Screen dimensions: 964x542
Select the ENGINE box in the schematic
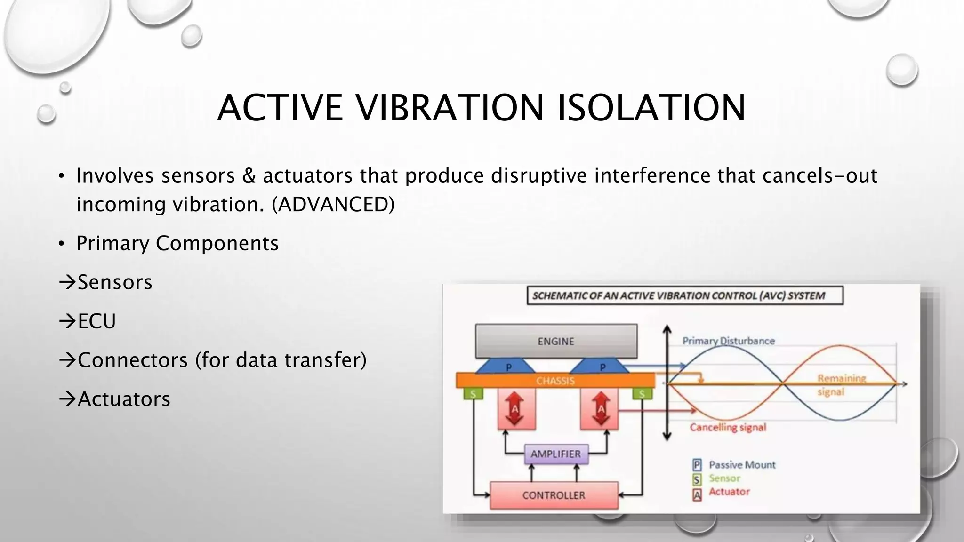tap(556, 341)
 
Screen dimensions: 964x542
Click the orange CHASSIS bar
tap(555, 380)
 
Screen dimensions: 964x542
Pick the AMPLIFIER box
tap(556, 454)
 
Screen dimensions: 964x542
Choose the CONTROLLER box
tap(554, 495)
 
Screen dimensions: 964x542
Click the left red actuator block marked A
tap(516, 408)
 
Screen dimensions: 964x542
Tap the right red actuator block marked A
tap(600, 408)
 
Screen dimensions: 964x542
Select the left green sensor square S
tap(473, 393)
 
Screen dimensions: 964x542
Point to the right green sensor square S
tap(642, 393)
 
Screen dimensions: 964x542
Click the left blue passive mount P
tap(508, 367)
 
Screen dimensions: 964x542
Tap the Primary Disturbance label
tap(728, 341)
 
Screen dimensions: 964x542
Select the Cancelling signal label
tap(728, 427)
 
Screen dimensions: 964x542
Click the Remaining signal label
tap(841, 385)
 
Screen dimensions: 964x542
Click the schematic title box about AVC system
tap(684, 295)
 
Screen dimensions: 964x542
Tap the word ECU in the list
tap(96, 321)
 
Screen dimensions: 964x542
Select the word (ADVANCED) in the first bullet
tap(333, 204)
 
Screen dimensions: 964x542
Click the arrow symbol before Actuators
tap(67, 399)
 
